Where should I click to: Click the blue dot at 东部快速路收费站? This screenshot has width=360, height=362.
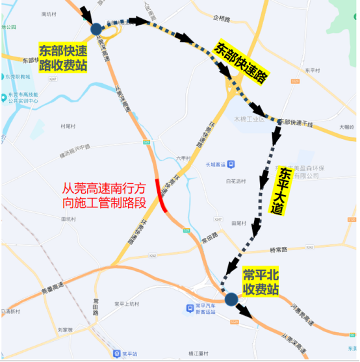coord(96,29)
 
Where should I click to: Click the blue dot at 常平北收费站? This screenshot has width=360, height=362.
coord(231,299)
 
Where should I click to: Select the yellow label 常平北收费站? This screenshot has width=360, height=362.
coord(261,281)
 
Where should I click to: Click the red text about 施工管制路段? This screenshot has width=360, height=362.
coord(103,195)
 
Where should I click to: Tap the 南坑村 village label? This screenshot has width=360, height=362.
coord(49,13)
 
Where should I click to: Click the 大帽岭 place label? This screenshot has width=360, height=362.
coord(346,127)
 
